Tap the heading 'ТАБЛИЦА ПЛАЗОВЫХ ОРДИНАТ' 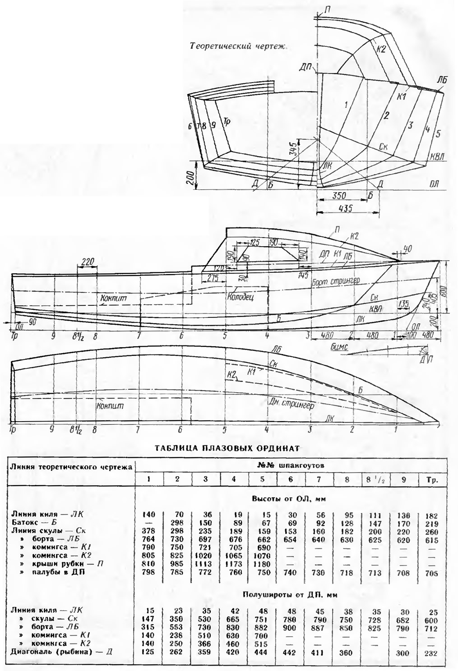(x=227, y=448)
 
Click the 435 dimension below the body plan (x=345, y=208)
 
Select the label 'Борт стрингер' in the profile (x=335, y=281)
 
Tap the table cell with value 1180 (x=262, y=564)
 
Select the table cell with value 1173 (x=233, y=564)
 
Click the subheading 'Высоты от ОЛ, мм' (x=290, y=499)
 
